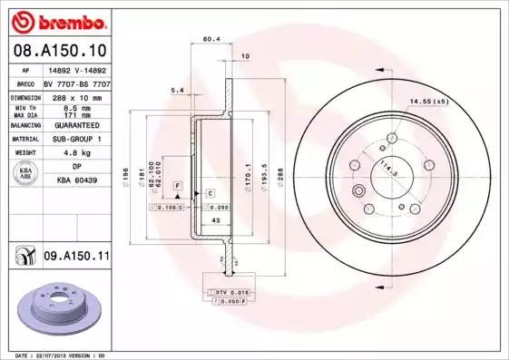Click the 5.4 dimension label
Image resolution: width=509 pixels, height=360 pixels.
pyautogui.click(x=178, y=91)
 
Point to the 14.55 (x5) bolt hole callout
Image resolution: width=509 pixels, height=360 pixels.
pyautogui.click(x=429, y=101)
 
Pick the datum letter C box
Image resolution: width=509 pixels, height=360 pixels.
pyautogui.click(x=209, y=193)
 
